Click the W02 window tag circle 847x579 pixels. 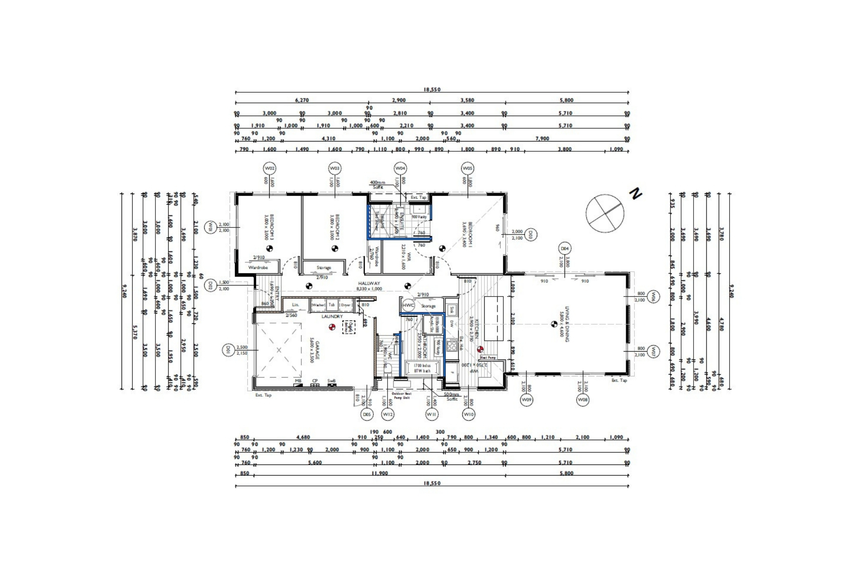(270, 168)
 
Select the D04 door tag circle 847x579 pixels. (565, 249)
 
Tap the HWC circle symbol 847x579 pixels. (408, 305)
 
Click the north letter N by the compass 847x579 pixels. (635, 194)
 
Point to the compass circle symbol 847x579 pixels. (605, 213)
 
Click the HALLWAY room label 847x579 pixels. (369, 284)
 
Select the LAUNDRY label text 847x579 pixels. (332, 316)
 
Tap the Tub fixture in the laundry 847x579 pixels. (332, 305)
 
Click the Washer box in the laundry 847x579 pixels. (318, 305)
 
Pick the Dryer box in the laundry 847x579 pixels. (345, 305)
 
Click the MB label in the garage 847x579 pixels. (298, 380)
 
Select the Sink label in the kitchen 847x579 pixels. (452, 309)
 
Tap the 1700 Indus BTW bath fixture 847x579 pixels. (422, 368)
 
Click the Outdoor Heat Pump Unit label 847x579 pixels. (401, 395)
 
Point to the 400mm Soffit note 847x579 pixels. (377, 184)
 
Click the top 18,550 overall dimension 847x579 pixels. (432, 89)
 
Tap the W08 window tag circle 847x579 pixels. (583, 400)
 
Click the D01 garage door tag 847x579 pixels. (228, 350)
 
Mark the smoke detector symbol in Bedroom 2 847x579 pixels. (335, 249)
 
